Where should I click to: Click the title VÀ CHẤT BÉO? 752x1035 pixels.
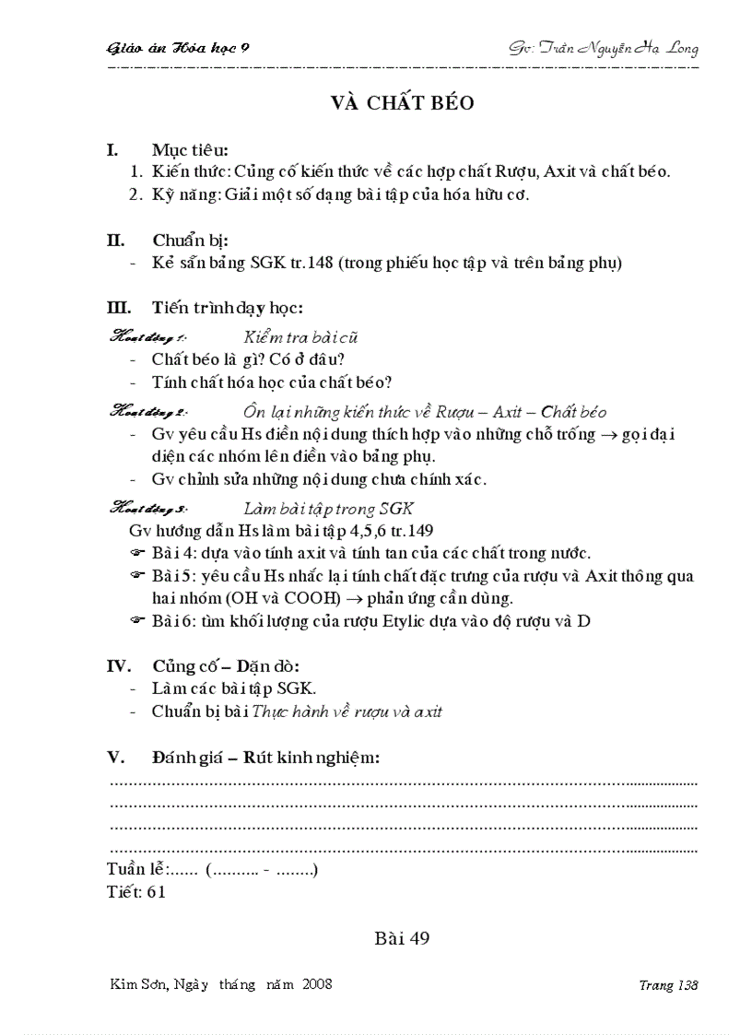pos(403,103)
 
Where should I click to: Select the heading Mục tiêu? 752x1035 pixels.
pos(191,149)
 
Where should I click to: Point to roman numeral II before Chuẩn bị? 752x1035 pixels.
pos(116,241)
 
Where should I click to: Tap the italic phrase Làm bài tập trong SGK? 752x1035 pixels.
pos(328,509)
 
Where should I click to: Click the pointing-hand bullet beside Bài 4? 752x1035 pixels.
pos(137,554)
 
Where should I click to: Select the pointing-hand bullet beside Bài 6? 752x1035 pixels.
pos(137,621)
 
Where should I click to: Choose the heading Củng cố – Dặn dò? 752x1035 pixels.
pos(225,666)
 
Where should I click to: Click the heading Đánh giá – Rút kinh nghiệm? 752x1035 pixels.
pos(266,758)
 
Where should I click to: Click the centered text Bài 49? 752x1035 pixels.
pos(403,939)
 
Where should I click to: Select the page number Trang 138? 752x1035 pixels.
pos(668,985)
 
